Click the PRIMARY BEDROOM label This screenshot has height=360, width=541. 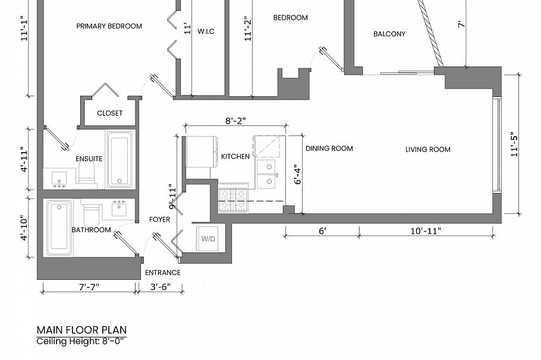109,26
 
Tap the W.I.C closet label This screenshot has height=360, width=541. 206,31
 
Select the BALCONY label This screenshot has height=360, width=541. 389,34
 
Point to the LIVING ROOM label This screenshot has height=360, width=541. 427,150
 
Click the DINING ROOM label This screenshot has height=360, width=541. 329,149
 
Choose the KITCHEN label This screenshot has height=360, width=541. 235,156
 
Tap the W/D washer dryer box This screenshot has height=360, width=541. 208,239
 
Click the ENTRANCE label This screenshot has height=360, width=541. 162,273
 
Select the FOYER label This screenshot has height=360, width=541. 159,220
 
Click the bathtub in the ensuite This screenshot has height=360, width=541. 119,159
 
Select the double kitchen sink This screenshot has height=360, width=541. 268,174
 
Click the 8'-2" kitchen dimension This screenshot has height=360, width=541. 235,121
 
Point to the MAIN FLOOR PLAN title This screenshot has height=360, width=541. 81,330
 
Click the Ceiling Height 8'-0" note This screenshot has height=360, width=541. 81,341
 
